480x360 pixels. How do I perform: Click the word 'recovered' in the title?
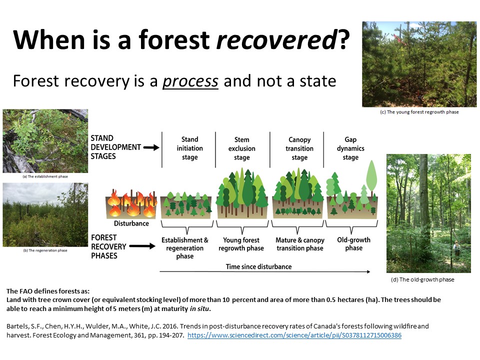(276, 40)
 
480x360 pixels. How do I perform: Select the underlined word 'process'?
(190, 81)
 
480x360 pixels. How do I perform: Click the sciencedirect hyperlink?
(294, 335)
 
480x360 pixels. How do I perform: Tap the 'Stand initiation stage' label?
(190, 148)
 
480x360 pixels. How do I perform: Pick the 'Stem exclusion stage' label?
(242, 148)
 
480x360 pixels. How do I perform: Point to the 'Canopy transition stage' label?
(299, 148)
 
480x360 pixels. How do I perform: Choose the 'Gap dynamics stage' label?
(350, 148)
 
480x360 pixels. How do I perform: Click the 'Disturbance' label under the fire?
(131, 223)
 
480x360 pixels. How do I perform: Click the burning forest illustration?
(131, 204)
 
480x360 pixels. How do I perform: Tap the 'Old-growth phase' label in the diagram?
(353, 244)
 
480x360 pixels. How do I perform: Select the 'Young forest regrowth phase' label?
(241, 244)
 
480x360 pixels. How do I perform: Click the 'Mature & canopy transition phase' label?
(299, 244)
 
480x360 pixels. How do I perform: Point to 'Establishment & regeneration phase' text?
(185, 248)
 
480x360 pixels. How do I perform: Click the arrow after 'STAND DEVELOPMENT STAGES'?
(151, 147)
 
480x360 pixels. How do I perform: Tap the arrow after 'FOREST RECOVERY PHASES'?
(142, 246)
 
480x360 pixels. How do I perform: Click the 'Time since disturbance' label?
(258, 266)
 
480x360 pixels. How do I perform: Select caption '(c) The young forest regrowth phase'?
(419, 112)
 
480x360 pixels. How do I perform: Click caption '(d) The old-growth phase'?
(422, 279)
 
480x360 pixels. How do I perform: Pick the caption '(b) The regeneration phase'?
(45, 250)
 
